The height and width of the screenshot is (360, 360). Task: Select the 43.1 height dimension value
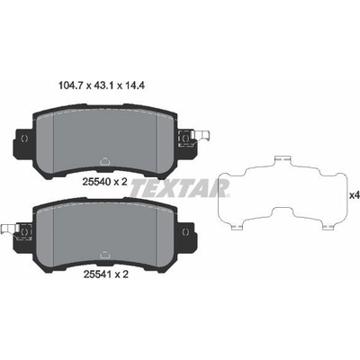coord(104,86)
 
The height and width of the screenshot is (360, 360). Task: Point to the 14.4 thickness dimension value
coord(135,86)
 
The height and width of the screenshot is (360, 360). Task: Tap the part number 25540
coord(96,182)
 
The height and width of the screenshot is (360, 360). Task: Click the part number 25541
coord(96,274)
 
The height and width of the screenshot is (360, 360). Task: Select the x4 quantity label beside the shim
coord(355,195)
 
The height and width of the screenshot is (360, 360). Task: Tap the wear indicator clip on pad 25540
coord(202,137)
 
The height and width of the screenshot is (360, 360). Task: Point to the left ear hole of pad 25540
coord(24,139)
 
